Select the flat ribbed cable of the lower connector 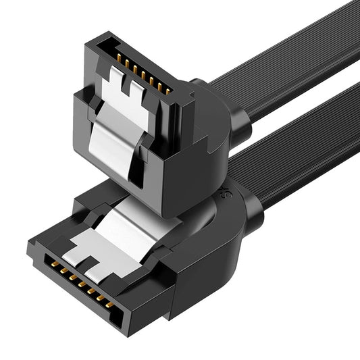point(297,155)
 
